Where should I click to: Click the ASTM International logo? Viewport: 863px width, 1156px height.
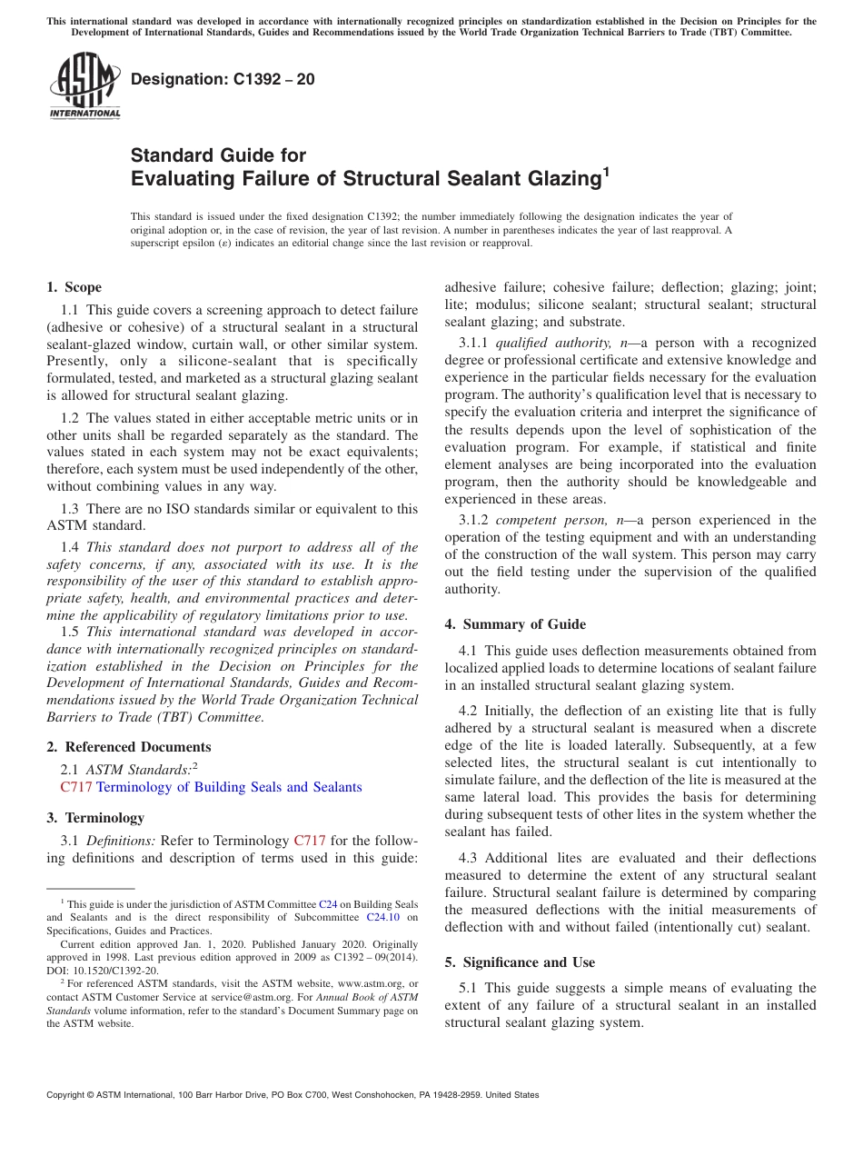pyautogui.click(x=84, y=85)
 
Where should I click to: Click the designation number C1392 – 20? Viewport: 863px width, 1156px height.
pyautogui.click(x=223, y=79)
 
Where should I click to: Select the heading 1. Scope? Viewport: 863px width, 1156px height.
pyautogui.click(x=74, y=287)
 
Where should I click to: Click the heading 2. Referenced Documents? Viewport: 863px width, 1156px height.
pyautogui.click(x=128, y=747)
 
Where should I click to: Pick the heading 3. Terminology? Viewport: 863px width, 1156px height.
pyautogui.click(x=94, y=818)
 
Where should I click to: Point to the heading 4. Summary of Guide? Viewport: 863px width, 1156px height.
pyautogui.click(x=515, y=624)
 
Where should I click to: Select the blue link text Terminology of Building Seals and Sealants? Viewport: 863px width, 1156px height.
pyautogui.click(x=229, y=787)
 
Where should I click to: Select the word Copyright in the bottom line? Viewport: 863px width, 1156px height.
pyautogui.click(x=67, y=1096)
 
